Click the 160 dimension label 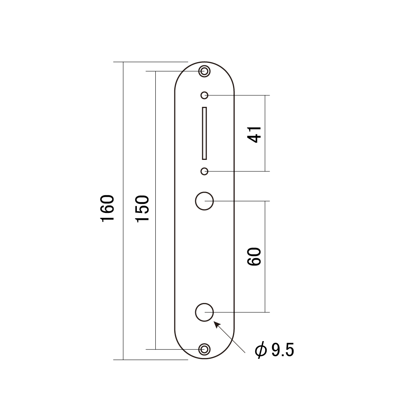click(x=108, y=208)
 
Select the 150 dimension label click(x=143, y=209)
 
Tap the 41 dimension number click(x=254, y=134)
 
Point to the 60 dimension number click(x=254, y=256)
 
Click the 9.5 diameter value click(x=283, y=350)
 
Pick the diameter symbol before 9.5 click(x=261, y=350)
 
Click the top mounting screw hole click(x=204, y=71)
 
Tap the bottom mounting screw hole click(x=204, y=349)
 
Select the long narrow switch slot click(x=204, y=133)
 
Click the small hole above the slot click(x=204, y=95)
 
